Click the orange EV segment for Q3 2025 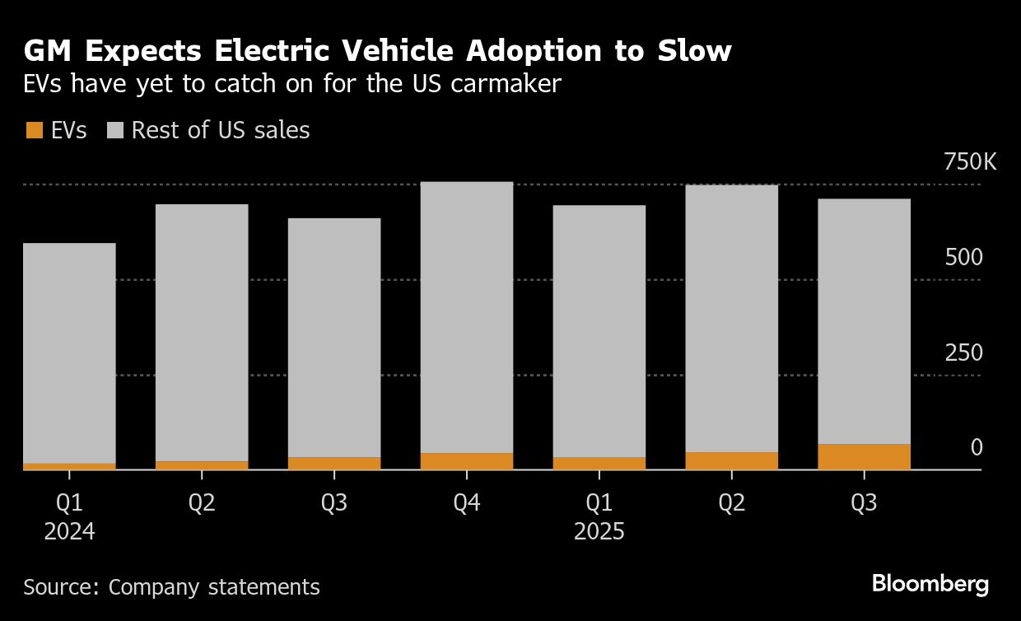click(864, 457)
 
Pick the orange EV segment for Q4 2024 click(466, 461)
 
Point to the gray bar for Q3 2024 click(333, 338)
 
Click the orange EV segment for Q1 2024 click(69, 466)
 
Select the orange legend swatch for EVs click(35, 130)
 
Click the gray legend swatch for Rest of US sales click(115, 130)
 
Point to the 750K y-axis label click(969, 162)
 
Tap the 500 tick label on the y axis click(963, 258)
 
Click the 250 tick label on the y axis click(963, 353)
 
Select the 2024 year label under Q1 click(69, 532)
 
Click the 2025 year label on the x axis click(599, 532)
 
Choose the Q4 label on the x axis click(466, 503)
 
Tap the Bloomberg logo click(930, 585)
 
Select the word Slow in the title click(693, 51)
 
